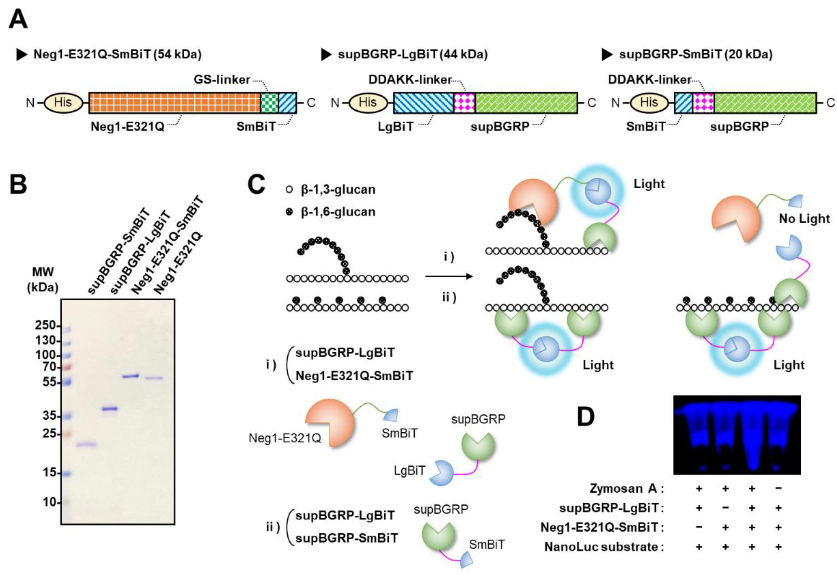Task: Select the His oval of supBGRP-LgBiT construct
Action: pyautogui.click(x=368, y=103)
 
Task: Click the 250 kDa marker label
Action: pyautogui.click(x=45, y=325)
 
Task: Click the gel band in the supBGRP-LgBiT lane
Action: pyautogui.click(x=110, y=409)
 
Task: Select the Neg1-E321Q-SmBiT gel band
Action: pyautogui.click(x=131, y=376)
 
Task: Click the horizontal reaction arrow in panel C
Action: pyautogui.click(x=448, y=277)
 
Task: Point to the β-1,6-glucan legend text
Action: pyautogui.click(x=338, y=212)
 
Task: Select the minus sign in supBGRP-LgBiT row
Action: pyautogui.click(x=725, y=508)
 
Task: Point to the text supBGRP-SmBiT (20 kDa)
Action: pyautogui.click(x=696, y=54)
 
